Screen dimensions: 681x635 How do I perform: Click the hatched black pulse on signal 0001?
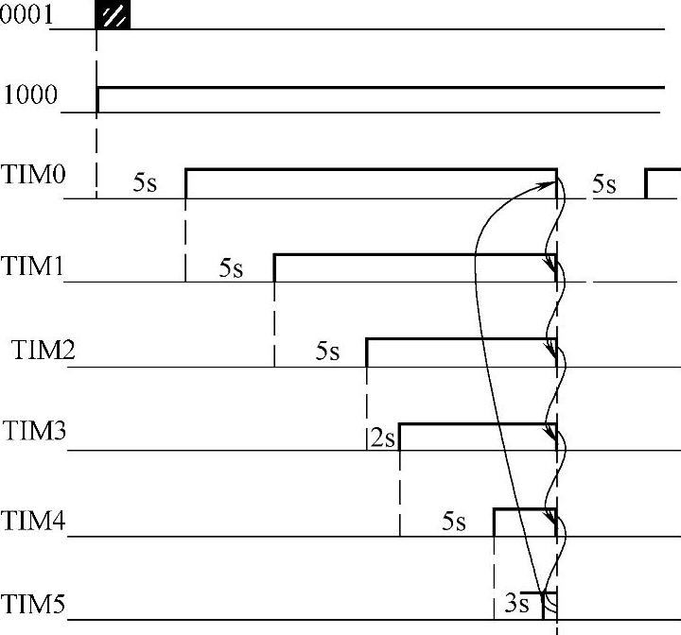point(113,15)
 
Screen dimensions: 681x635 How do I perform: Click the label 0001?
point(26,14)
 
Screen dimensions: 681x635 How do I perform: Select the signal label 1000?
point(30,94)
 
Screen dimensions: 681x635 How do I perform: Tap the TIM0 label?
point(33,174)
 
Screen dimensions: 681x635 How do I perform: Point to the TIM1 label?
point(32,266)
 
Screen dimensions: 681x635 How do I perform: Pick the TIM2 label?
point(43,350)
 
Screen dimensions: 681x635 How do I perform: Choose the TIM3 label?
point(34,431)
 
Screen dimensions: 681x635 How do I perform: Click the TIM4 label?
point(33,521)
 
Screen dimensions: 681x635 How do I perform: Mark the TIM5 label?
point(32,604)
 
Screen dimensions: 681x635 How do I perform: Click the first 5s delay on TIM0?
point(145,182)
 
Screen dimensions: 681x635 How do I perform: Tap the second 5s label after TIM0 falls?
point(604,184)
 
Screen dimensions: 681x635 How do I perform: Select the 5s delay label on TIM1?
point(231,267)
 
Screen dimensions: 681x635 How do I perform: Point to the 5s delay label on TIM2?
point(327,351)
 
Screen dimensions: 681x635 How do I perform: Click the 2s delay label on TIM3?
point(383,438)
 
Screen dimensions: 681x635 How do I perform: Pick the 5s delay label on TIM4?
point(454,521)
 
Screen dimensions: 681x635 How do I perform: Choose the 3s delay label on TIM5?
point(516,603)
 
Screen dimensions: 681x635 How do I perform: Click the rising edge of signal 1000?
point(97,100)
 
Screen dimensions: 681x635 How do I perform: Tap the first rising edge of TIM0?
point(186,183)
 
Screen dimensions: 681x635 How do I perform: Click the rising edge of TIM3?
point(399,438)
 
